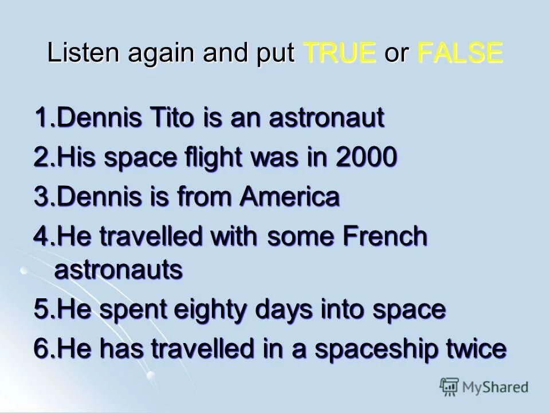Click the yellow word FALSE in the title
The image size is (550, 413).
[x=460, y=53]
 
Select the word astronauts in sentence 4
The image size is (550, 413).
[x=119, y=270]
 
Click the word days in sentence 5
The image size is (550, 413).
[x=306, y=310]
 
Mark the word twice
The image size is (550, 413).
[x=476, y=349]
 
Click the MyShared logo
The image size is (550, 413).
[x=484, y=387]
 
